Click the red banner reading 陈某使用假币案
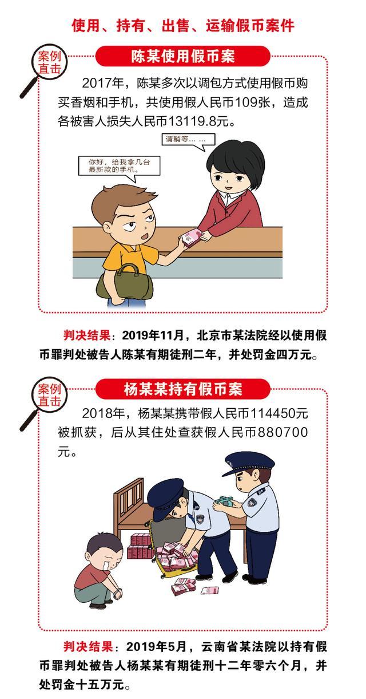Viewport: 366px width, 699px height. pyautogui.click(x=183, y=57)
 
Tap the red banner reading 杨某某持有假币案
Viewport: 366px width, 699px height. pyautogui.click(x=183, y=389)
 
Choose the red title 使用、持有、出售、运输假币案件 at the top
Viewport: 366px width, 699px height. pyautogui.click(x=183, y=26)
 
